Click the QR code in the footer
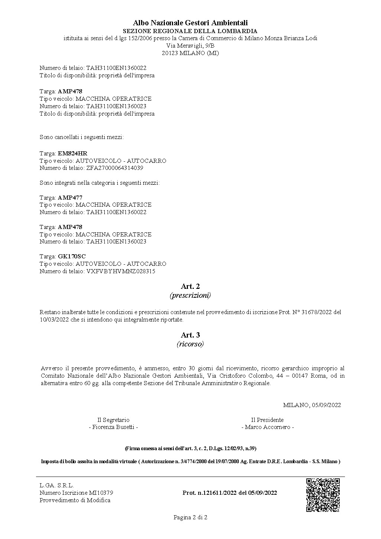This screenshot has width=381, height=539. [x=323, y=495]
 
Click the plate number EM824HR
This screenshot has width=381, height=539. [x=73, y=153]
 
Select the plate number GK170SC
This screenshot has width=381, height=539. [x=72, y=256]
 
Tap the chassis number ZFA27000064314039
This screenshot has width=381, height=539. [x=115, y=168]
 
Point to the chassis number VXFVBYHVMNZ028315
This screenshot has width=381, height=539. [x=121, y=271]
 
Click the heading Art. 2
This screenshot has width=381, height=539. [x=190, y=286]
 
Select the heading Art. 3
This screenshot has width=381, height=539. [x=190, y=335]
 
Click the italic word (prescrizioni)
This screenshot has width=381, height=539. [x=190, y=296]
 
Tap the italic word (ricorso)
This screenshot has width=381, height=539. [x=190, y=344]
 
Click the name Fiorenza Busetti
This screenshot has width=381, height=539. [x=114, y=427]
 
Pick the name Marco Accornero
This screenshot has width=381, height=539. [x=267, y=427]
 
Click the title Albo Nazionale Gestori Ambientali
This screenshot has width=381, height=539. [x=190, y=23]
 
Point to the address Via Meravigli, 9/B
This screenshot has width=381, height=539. [x=190, y=46]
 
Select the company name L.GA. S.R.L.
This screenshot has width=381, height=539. [x=57, y=485]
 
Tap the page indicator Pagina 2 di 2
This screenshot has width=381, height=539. [x=190, y=517]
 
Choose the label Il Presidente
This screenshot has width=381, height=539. [x=267, y=420]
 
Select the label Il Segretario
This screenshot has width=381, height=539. [x=114, y=420]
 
